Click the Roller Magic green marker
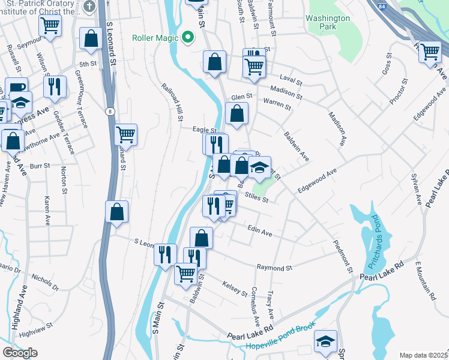coord(188,38)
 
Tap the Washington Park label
coord(327,23)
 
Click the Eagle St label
coord(204,130)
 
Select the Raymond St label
coord(274,268)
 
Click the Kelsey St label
coord(235,289)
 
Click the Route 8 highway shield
coord(109,111)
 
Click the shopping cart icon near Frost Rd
coord(430,52)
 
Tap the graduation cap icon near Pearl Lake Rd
coord(326,340)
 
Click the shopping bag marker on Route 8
coord(117,211)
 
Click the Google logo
coord(20,353)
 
